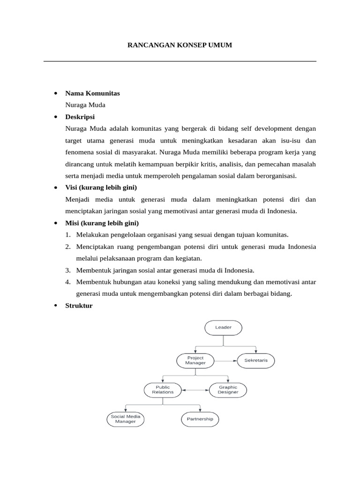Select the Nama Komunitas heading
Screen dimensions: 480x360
coord(92,93)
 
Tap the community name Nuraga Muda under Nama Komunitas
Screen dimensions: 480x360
coord(85,105)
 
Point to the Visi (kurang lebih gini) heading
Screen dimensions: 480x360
coord(101,187)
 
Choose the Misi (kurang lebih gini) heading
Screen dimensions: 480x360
coord(102,223)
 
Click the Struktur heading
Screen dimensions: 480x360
coord(79,306)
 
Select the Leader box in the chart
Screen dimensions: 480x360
coord(223,327)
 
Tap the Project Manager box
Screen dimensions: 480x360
coord(195,360)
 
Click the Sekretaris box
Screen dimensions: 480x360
coord(256,360)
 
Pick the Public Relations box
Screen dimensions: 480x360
coord(163,390)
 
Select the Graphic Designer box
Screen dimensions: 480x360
coord(227,390)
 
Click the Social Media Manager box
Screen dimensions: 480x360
coord(125,419)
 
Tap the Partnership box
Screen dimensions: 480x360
coord(200,419)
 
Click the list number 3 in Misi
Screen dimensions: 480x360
coord(68,270)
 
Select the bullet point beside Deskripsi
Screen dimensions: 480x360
coord(56,117)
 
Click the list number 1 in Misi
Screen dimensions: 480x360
coord(68,234)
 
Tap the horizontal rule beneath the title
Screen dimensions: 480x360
coord(180,61)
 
